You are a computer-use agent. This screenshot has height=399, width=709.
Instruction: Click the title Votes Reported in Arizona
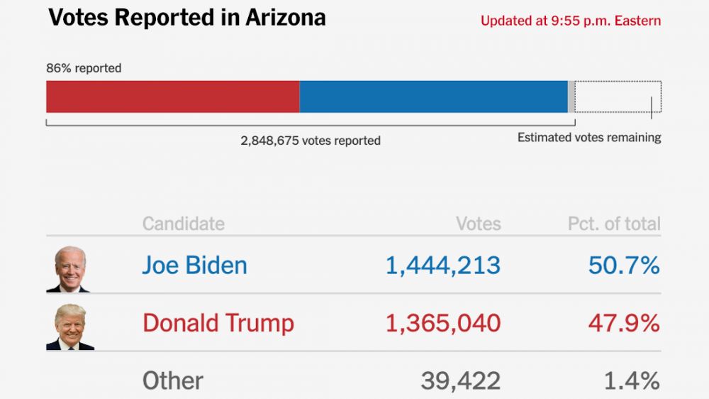(186, 18)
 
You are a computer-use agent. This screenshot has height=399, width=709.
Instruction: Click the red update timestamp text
(570, 21)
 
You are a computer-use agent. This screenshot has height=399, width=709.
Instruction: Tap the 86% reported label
(84, 68)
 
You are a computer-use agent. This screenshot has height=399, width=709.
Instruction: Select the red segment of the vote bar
(172, 97)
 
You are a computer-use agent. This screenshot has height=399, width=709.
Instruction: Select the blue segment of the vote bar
(433, 97)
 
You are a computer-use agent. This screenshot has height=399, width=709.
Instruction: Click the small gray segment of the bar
(571, 97)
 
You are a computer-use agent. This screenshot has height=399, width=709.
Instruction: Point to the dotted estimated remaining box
(618, 97)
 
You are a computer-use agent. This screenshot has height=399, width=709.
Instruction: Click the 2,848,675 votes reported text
(311, 141)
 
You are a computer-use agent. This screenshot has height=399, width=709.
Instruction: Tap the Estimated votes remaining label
(588, 138)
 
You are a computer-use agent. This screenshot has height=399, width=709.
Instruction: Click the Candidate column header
(183, 224)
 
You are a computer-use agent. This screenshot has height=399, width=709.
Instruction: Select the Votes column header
(478, 224)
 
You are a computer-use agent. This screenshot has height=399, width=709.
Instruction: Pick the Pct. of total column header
(613, 224)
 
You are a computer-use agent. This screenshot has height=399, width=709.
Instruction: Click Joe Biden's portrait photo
(69, 269)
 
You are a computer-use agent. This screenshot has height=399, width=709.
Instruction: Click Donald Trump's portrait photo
(69, 327)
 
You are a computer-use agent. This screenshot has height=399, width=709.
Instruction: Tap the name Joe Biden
(194, 266)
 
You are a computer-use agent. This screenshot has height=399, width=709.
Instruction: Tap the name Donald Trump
(218, 323)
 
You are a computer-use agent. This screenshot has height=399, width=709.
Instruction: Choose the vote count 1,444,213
(442, 266)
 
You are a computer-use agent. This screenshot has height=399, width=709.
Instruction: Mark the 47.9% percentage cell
(624, 323)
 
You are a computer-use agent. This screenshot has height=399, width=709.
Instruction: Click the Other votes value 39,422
(460, 381)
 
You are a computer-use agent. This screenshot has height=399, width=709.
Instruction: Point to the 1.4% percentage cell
(631, 381)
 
